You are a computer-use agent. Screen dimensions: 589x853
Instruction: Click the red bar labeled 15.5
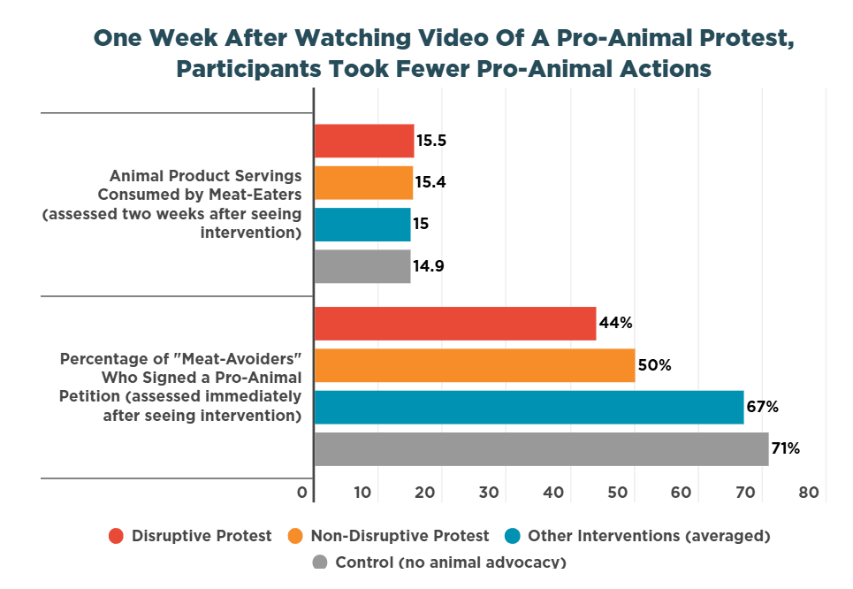point(363,141)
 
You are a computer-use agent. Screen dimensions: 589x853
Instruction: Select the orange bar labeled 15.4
point(362,183)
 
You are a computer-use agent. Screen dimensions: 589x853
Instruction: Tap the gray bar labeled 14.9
point(362,266)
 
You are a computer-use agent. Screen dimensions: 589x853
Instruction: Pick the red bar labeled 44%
point(454,324)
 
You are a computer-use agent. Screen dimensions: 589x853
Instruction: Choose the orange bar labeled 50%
point(474,365)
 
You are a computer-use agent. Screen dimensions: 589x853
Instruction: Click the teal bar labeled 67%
point(529,407)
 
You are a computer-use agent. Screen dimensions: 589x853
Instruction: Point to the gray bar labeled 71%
point(541,448)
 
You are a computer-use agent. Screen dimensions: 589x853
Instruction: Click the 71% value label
point(786,449)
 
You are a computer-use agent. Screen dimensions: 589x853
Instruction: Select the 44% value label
point(615,324)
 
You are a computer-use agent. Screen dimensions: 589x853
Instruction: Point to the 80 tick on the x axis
point(809,493)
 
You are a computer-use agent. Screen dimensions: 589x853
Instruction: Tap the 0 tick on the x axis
point(303,493)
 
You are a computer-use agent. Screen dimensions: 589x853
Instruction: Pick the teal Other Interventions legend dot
point(512,536)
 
